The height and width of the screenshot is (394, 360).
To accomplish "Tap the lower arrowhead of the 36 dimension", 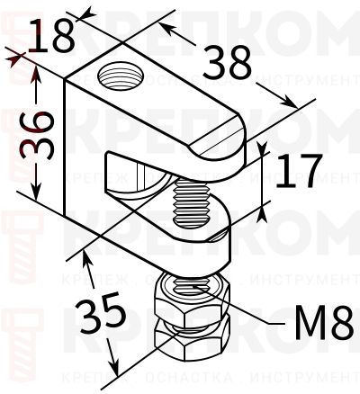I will pos(37,196).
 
